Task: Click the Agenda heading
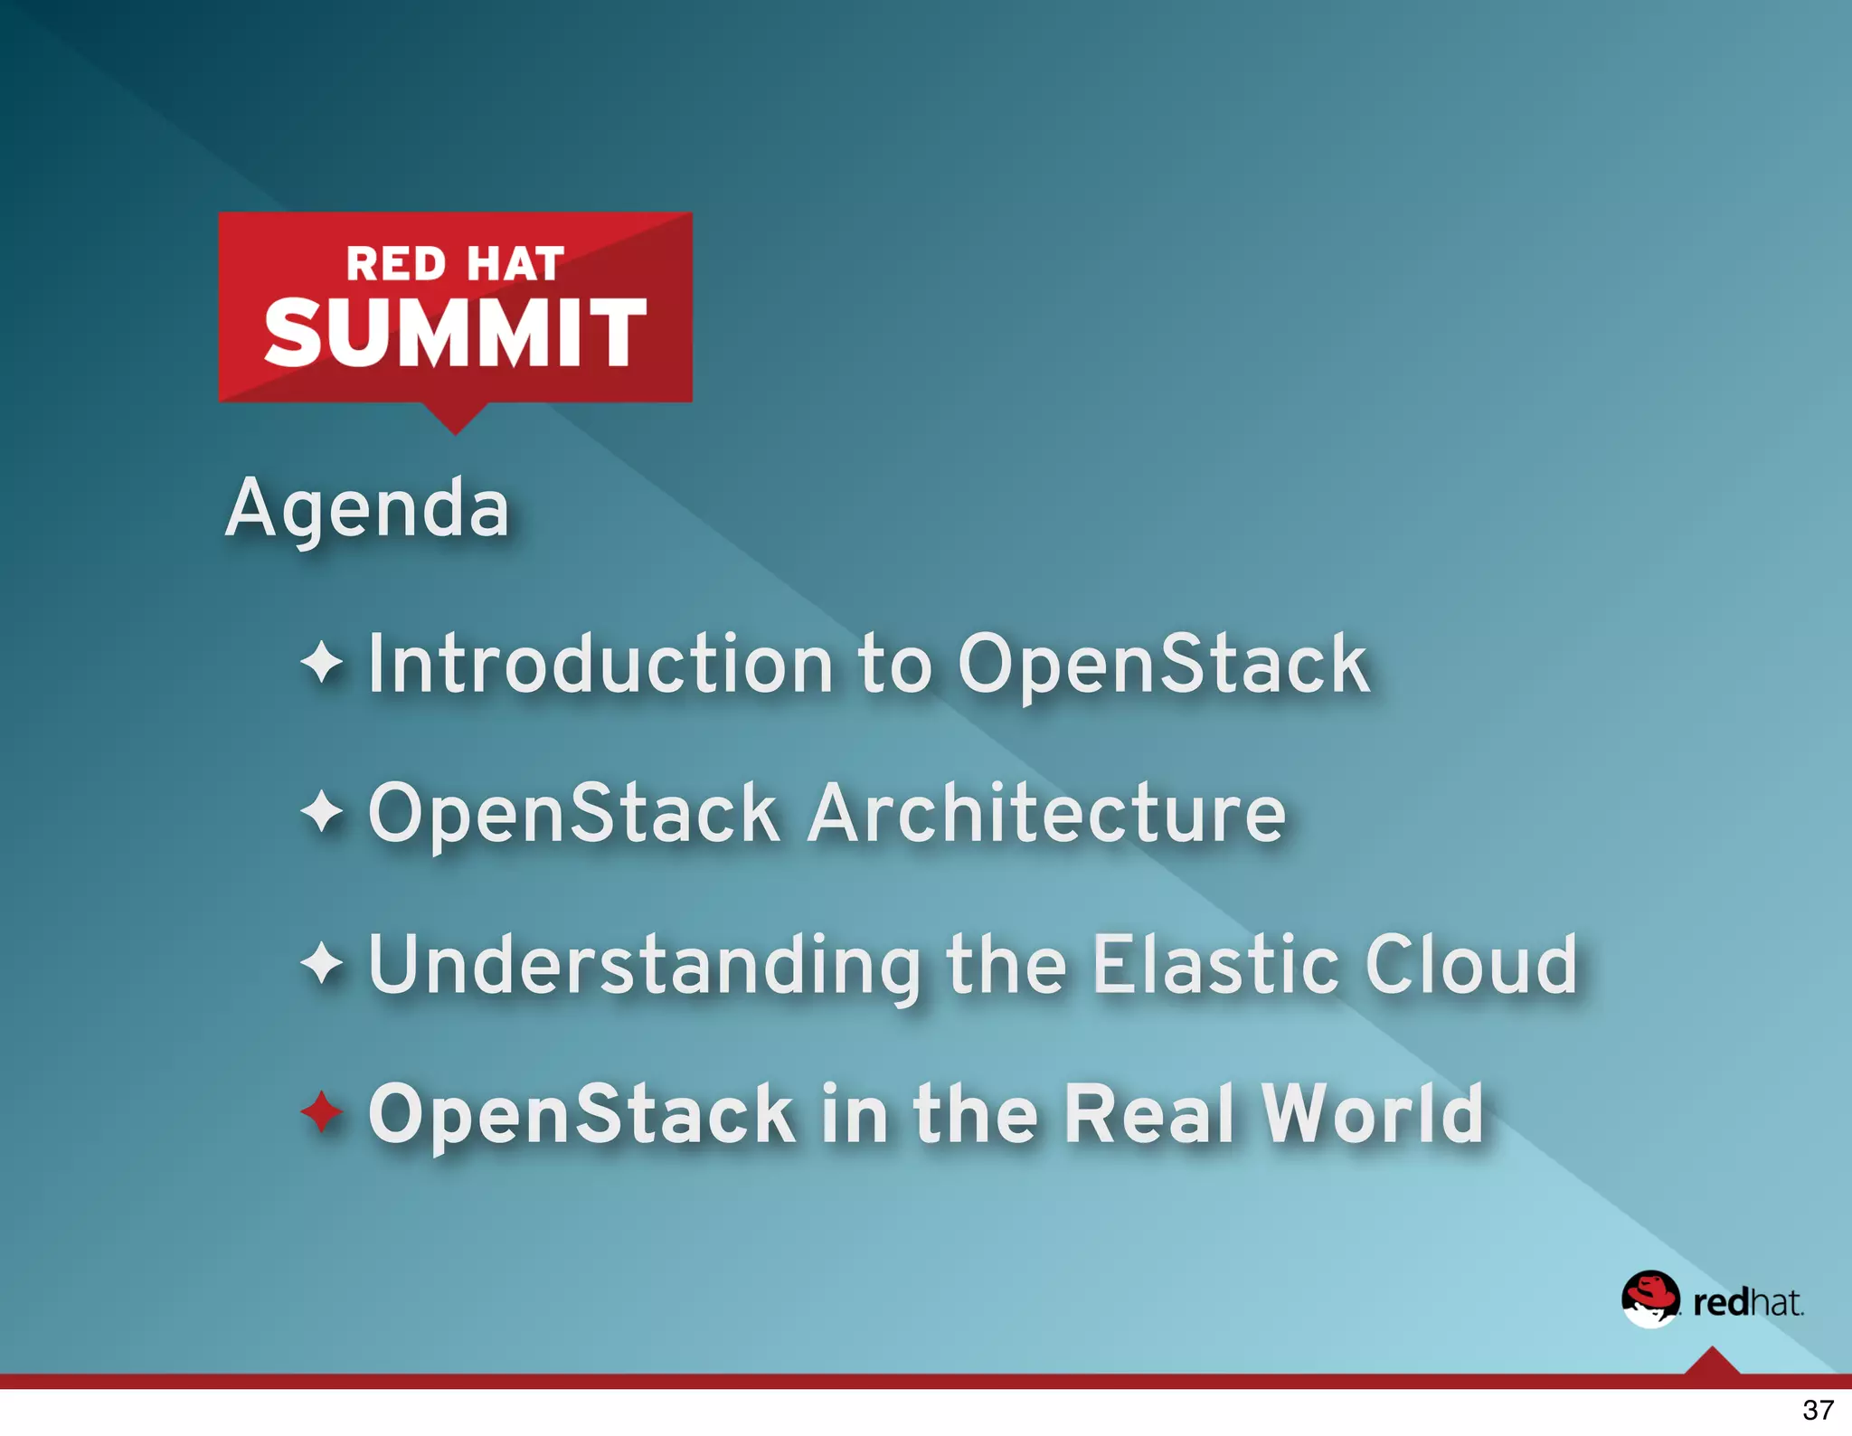[x=367, y=508]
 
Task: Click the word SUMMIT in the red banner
[x=455, y=333]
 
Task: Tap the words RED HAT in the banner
[x=455, y=264]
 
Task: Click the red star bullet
[x=321, y=1111]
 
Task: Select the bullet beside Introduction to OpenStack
[x=321, y=663]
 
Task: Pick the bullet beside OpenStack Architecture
[x=321, y=811]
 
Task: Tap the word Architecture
[x=1046, y=813]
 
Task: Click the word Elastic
[x=1215, y=964]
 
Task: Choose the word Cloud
[x=1471, y=964]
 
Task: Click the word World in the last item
[x=1373, y=1113]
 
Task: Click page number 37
[x=1818, y=1410]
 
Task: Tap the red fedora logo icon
[x=1649, y=1299]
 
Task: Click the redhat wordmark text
[x=1747, y=1302]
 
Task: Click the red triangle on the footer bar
[x=1712, y=1362]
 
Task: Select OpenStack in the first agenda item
[x=1163, y=665]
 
